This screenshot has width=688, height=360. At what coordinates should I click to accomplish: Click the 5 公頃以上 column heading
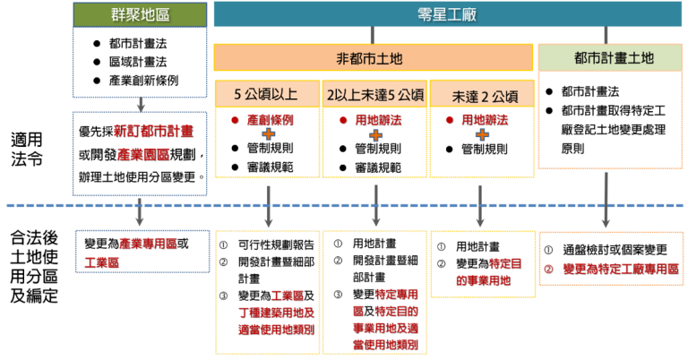pos(267,92)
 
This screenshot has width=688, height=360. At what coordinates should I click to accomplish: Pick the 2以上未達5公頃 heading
pos(374,93)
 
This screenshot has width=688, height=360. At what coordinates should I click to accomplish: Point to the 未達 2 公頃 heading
pos(481,94)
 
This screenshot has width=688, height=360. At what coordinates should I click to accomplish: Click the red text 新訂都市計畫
pos(153,130)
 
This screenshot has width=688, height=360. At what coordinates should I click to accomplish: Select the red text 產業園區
pos(143,154)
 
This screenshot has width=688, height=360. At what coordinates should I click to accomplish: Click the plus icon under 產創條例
pos(268,134)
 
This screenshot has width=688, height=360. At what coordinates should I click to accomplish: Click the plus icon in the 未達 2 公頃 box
pos(482,134)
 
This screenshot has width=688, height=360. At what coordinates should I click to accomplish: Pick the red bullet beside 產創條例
pos(235,119)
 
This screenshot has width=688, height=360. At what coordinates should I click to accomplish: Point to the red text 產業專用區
pos(148,243)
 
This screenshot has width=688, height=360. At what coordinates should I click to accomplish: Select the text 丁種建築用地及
pos(275,312)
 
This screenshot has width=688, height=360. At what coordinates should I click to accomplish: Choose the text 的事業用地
pos(482,280)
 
